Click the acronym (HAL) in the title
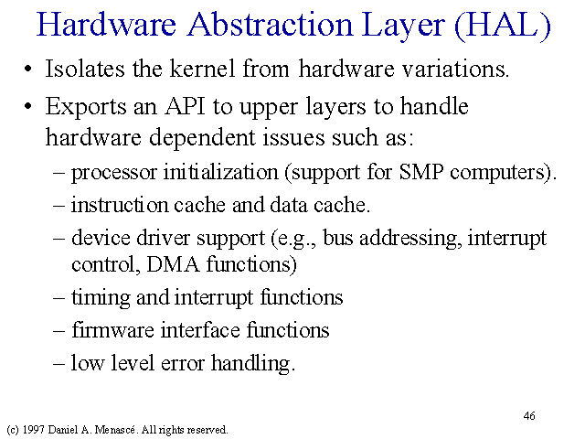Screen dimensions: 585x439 503,26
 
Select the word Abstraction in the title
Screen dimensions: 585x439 270,25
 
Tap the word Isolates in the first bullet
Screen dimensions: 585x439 85,69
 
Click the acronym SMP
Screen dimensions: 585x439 421,173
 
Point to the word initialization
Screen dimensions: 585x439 221,172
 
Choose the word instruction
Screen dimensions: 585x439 120,205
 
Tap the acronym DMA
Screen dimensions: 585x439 174,264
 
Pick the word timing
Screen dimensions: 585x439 101,298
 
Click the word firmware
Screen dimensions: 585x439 112,330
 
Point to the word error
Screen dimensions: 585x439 183,364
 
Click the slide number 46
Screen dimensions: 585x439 529,416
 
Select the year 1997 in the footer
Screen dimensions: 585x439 33,430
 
